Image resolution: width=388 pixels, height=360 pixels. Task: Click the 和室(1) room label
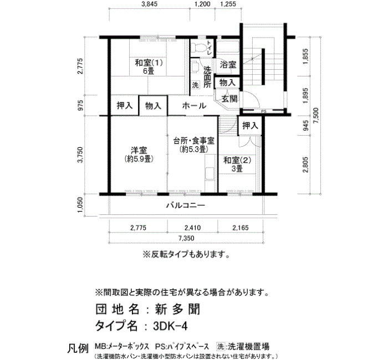coord(149,63)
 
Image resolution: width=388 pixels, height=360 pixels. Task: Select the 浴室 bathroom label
coord(228,65)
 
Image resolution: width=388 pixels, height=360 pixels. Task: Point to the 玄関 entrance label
coord(229,99)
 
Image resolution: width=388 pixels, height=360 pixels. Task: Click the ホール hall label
coord(194,106)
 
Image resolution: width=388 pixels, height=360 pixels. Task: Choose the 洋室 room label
coord(139,150)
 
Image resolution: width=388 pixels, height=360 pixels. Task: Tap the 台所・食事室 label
coord(194,141)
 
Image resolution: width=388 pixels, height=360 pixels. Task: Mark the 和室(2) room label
coord(237,160)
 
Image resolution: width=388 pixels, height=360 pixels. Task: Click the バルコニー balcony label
coord(186,205)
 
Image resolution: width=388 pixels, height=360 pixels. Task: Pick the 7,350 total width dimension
coord(186,238)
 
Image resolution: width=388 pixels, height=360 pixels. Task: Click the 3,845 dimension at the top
coord(149,4)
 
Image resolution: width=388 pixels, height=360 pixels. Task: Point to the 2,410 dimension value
coord(193,228)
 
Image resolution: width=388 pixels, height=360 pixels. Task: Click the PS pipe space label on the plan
coord(264,111)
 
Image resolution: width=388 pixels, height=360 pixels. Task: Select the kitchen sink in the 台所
coord(210,173)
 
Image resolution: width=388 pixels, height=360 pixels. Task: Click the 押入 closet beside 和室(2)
coord(250,126)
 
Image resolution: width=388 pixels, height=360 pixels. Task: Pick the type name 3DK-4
coord(170,326)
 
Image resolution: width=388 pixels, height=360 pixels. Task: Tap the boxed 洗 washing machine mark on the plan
coord(196,85)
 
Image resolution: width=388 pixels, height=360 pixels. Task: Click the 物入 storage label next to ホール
coord(153,106)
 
